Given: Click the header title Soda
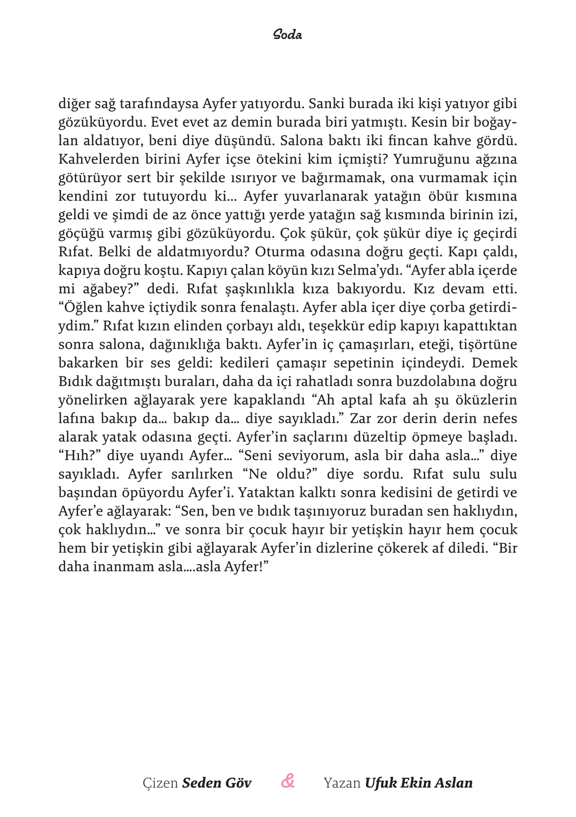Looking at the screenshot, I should click(288, 35).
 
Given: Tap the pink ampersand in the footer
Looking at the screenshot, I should click(288, 781).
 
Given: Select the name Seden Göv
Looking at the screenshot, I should click(217, 783).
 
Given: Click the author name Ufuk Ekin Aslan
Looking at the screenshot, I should click(418, 783).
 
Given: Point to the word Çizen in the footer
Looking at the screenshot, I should click(160, 783).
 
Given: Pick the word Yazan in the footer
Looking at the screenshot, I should click(342, 783).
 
